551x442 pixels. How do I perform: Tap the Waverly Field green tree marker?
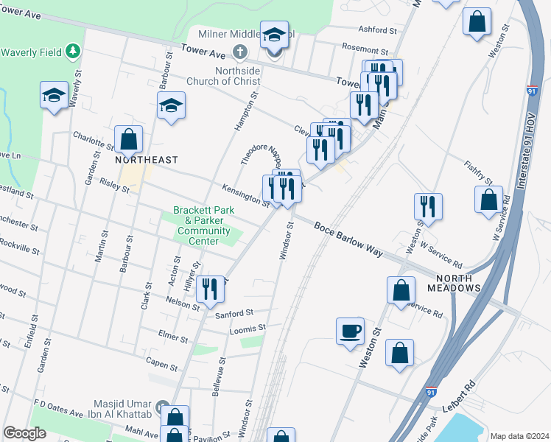click(72, 51)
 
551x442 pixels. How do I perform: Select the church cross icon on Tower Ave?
click(239, 52)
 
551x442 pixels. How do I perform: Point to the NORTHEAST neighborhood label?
click(147, 159)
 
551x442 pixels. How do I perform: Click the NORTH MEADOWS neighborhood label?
click(458, 282)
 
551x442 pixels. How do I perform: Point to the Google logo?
click(24, 433)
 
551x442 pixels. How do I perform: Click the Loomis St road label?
click(248, 327)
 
